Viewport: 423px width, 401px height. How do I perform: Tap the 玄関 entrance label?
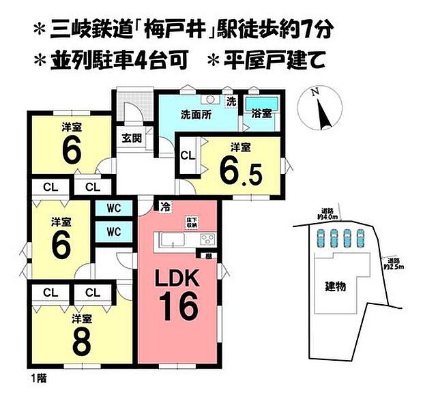click(132, 138)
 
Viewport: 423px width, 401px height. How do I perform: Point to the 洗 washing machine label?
click(231, 101)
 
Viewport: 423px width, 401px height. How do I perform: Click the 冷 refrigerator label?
click(165, 205)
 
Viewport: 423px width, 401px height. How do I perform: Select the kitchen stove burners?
click(207, 239)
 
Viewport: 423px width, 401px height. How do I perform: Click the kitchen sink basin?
click(170, 240)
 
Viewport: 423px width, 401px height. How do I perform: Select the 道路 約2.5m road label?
click(392, 265)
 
